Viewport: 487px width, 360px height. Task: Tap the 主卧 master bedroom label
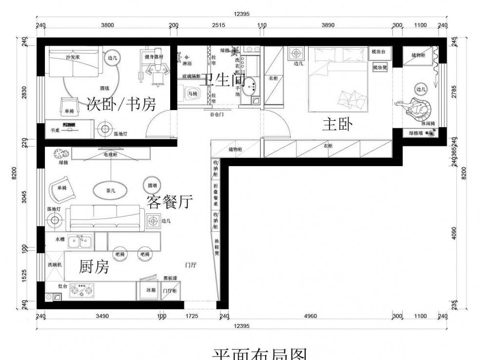pyautogui.click(x=337, y=125)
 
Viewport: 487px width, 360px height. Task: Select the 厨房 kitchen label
pyautogui.click(x=94, y=266)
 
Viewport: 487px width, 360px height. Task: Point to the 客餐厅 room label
pyautogui.click(x=170, y=201)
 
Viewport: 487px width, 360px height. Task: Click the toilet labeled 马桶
pyautogui.click(x=192, y=93)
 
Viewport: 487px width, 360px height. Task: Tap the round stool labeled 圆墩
pyautogui.click(x=150, y=186)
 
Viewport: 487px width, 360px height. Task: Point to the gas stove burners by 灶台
pyautogui.click(x=81, y=291)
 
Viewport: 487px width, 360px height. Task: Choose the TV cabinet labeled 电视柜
pyautogui.click(x=111, y=154)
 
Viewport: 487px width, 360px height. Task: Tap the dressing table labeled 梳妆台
pyautogui.click(x=379, y=51)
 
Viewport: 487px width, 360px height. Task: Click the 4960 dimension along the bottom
pyautogui.click(x=310, y=316)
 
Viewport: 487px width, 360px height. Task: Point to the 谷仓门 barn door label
pyautogui.click(x=216, y=114)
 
